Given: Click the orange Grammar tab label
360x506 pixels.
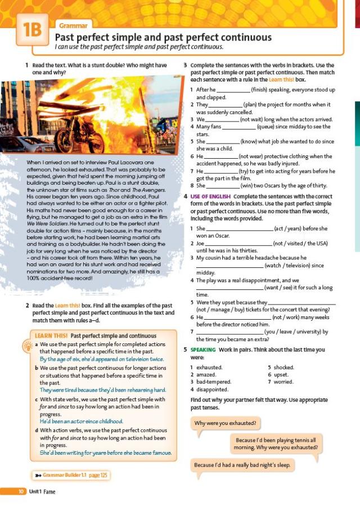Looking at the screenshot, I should click(x=73, y=25).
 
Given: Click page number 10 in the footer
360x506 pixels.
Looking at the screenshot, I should click(x=21, y=491).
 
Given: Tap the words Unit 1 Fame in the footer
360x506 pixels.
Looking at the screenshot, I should click(x=44, y=491).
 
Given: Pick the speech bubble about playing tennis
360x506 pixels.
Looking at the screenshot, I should click(x=276, y=444).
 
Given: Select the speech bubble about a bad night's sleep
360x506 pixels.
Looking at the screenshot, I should click(x=242, y=465).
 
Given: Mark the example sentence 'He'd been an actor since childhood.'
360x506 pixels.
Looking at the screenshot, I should click(x=81, y=421).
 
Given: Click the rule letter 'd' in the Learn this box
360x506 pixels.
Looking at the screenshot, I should click(x=36, y=430).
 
